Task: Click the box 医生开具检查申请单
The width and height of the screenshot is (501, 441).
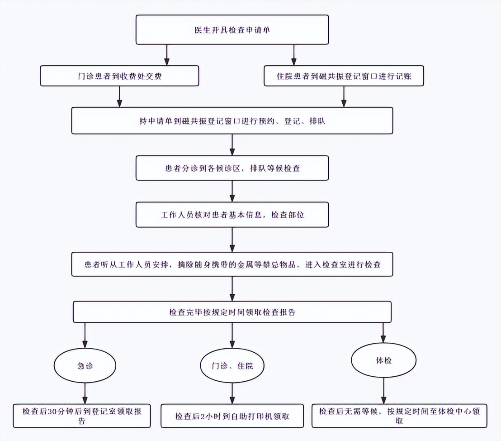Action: (x=232, y=30)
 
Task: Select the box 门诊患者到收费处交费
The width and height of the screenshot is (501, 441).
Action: (x=119, y=76)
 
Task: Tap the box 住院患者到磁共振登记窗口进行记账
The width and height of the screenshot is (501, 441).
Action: (x=344, y=76)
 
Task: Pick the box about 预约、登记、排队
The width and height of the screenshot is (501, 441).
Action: (x=232, y=120)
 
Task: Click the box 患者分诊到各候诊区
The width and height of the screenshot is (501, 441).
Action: (x=232, y=168)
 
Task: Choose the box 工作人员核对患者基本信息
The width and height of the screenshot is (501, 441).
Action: (x=232, y=215)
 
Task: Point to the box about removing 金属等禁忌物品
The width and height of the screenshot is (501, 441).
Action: (x=232, y=264)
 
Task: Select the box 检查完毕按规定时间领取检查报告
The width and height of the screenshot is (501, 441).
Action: (x=232, y=312)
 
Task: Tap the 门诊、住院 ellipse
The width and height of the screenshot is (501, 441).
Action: (x=232, y=365)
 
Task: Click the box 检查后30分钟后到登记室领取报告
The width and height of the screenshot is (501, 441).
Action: (x=82, y=415)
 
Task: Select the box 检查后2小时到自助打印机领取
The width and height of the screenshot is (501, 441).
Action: (x=232, y=416)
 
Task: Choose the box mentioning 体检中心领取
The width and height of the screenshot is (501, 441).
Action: (x=399, y=415)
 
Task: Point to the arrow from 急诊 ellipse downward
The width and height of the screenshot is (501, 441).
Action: (x=85, y=393)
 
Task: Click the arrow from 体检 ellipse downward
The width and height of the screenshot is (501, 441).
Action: (x=383, y=391)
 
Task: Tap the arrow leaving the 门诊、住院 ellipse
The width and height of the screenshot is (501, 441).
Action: (x=232, y=393)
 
